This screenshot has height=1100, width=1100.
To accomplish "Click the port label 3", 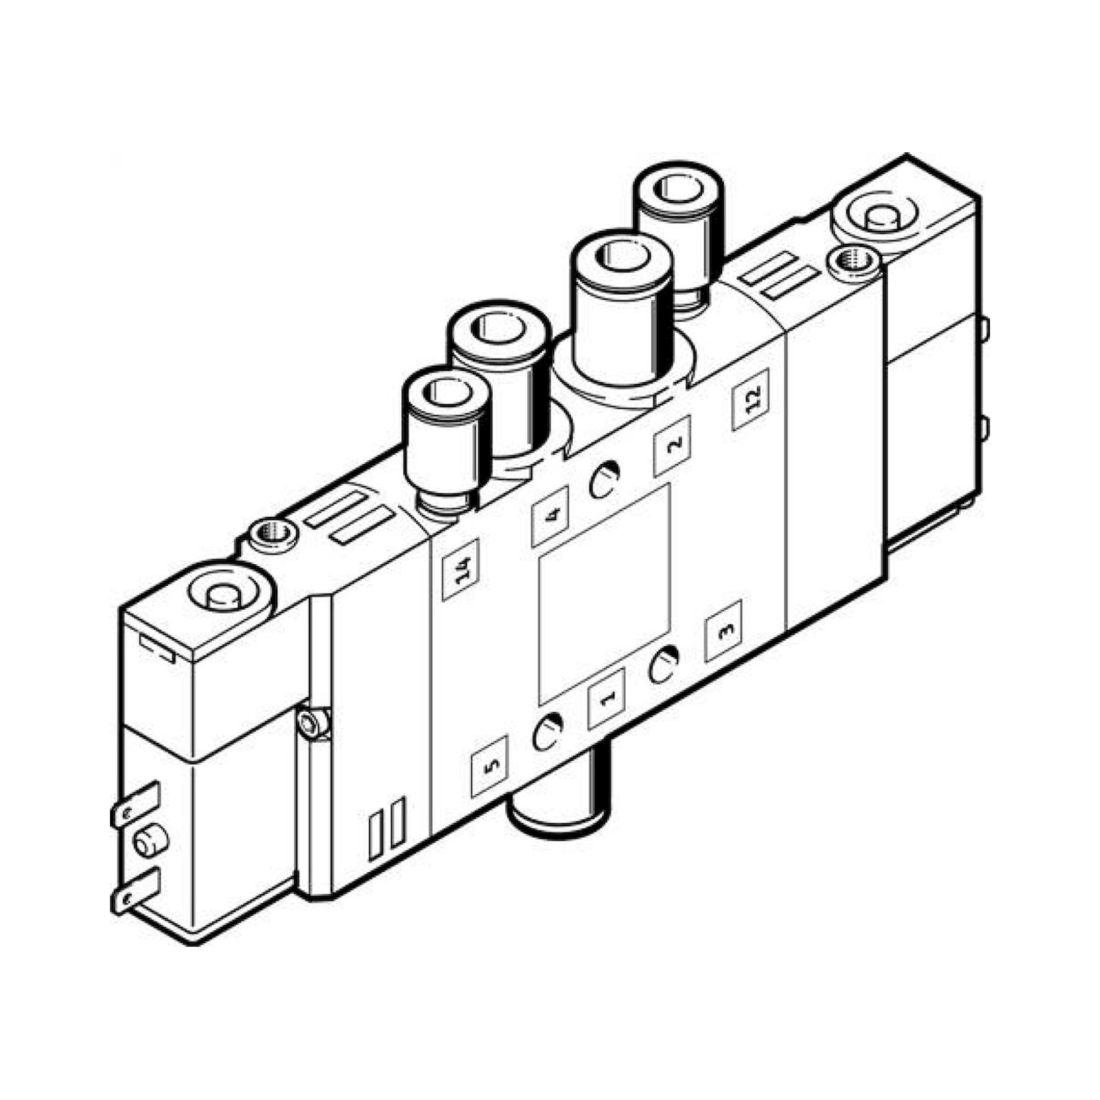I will (x=724, y=631).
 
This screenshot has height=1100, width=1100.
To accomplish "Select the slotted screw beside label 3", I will (x=663, y=665).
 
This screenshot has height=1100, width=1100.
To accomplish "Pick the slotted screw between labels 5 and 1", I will (x=548, y=733).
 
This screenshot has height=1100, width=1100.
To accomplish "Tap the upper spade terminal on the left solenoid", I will (x=135, y=806).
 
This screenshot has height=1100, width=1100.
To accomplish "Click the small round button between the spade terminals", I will (x=151, y=851).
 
